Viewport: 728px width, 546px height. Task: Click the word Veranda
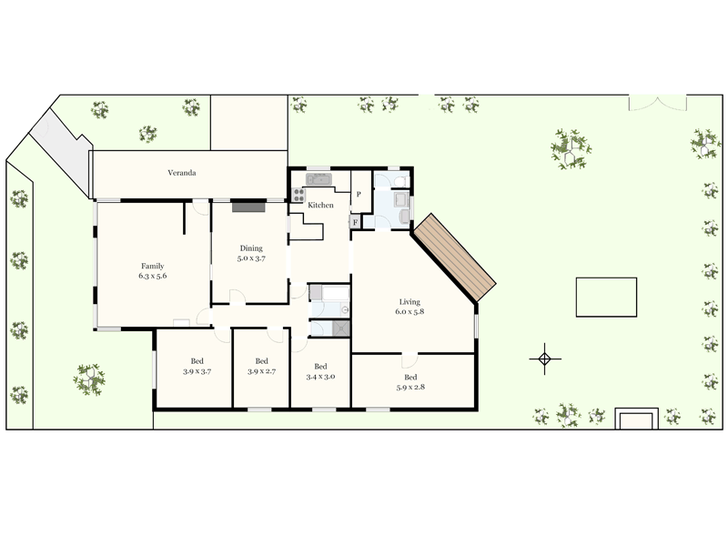pyautogui.click(x=182, y=172)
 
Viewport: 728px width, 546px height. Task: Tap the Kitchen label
pyautogui.click(x=320, y=206)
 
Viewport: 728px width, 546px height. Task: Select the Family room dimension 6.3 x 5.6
pyautogui.click(x=153, y=275)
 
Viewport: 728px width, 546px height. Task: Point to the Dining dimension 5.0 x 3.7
pyautogui.click(x=251, y=258)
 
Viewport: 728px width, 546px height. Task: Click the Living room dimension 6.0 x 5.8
pyautogui.click(x=409, y=311)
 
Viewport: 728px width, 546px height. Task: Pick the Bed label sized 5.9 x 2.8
pyautogui.click(x=410, y=388)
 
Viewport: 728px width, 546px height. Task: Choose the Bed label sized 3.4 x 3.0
pyautogui.click(x=320, y=377)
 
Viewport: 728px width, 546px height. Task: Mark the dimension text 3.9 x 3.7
pyautogui.click(x=197, y=370)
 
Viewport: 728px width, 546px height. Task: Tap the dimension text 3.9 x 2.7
pyautogui.click(x=261, y=370)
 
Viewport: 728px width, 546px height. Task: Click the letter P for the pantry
pyautogui.click(x=359, y=195)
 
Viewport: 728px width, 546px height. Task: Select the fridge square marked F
pyautogui.click(x=355, y=221)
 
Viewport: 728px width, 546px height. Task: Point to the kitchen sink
pyautogui.click(x=318, y=179)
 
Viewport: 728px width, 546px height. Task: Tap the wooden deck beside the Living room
pyautogui.click(x=455, y=257)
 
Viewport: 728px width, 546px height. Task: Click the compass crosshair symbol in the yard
pyautogui.click(x=544, y=359)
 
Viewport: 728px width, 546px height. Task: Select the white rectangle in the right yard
pyautogui.click(x=606, y=295)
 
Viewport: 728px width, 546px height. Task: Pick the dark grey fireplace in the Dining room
pyautogui.click(x=248, y=207)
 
